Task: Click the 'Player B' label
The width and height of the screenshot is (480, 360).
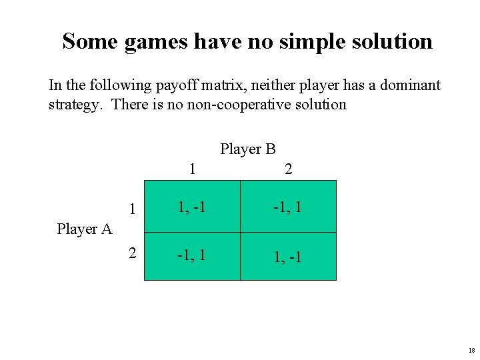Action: click(x=248, y=149)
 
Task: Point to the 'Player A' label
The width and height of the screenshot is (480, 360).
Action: click(x=84, y=229)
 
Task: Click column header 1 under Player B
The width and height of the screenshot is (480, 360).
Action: click(x=192, y=169)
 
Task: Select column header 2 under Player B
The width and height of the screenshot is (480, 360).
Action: click(x=288, y=169)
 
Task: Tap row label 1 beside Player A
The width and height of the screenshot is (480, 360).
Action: click(x=133, y=209)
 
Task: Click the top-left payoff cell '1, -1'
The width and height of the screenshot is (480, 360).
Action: click(x=191, y=207)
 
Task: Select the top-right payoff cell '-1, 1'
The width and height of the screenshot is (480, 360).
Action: click(x=287, y=207)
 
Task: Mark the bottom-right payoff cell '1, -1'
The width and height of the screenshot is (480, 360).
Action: click(x=287, y=256)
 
